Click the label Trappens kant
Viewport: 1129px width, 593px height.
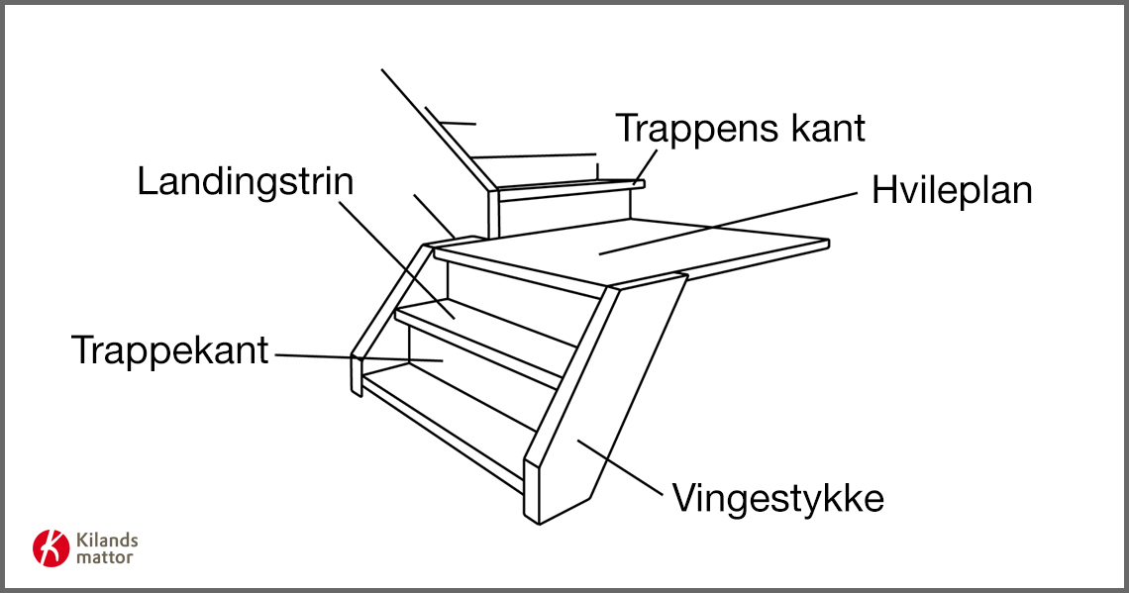[x=740, y=129]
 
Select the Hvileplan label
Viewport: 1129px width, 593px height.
[x=952, y=191]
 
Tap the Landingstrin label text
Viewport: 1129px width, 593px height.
[x=246, y=182]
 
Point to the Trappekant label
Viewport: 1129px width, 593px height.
[x=170, y=350]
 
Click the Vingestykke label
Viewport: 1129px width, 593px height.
[x=777, y=498]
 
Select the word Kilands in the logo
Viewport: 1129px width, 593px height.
[x=107, y=541]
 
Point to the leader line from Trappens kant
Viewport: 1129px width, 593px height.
[x=646, y=164]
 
